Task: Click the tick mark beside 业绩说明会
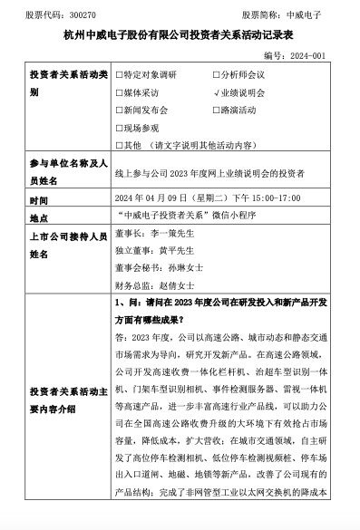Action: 214,92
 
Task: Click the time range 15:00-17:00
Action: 260,199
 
